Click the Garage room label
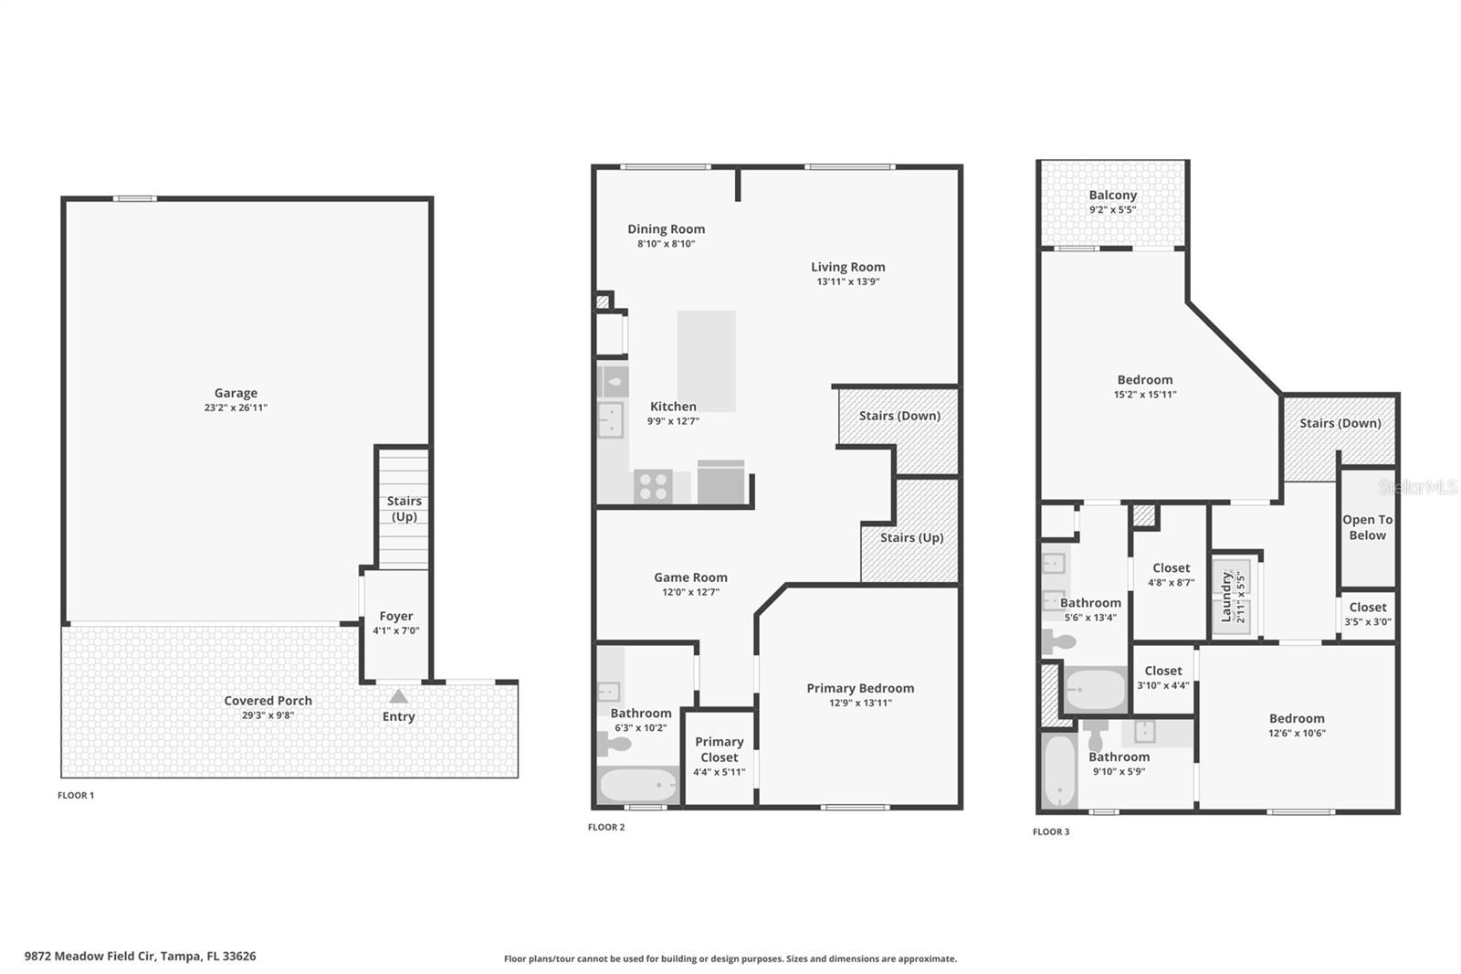point(236,393)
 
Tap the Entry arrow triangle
point(398,697)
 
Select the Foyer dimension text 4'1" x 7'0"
point(395,630)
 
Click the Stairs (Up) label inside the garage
point(404,508)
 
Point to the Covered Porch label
point(268,701)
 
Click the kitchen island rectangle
point(706,361)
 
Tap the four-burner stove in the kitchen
point(653,486)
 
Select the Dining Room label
point(666,229)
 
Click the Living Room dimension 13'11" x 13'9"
point(847,281)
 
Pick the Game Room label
point(690,577)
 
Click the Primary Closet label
point(719,749)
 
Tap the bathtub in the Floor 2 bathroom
point(638,785)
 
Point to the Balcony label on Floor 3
point(1112,195)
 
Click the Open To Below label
point(1367,527)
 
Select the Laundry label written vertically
point(1226,596)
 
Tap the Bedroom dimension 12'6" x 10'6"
point(1296,733)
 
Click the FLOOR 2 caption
point(606,827)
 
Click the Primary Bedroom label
point(859,688)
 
